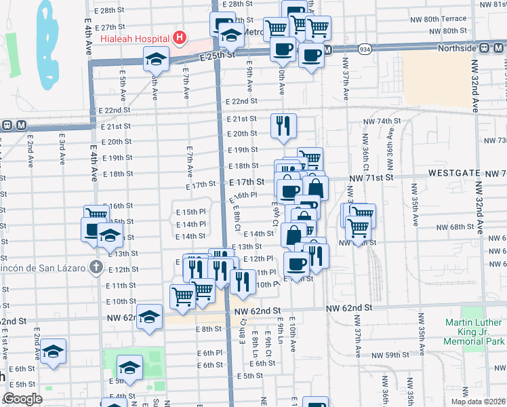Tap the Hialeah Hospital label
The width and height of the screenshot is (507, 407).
[x=135, y=38]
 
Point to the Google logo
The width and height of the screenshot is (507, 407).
[x=22, y=398]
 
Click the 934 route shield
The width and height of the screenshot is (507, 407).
[x=365, y=50]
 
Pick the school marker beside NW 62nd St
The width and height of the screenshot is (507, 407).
[x=149, y=317]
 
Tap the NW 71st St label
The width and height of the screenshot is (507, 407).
[x=371, y=177]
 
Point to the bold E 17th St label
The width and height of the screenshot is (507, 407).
[x=246, y=182]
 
